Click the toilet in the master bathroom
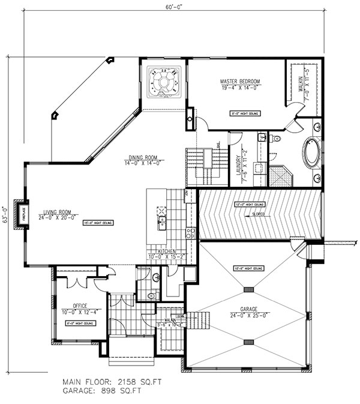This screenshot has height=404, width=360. [x=276, y=139]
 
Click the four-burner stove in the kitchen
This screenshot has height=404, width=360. [x=191, y=233]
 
